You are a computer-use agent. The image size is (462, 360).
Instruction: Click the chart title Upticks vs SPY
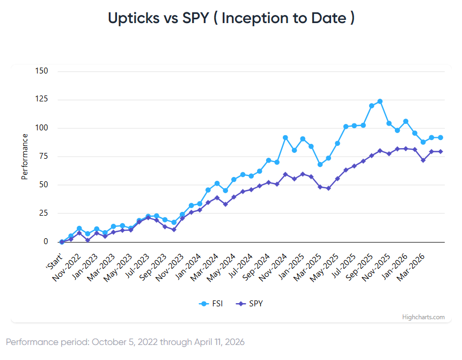(x=231, y=18)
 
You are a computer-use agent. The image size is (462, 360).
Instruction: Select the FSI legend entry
(x=212, y=304)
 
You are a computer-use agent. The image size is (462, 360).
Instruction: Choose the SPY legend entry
(x=250, y=304)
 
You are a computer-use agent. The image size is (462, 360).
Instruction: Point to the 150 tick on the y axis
(x=41, y=71)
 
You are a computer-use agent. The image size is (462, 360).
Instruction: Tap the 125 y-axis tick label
(x=41, y=100)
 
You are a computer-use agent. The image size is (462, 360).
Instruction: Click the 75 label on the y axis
(x=43, y=157)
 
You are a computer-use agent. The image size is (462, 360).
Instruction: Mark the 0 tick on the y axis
(x=46, y=242)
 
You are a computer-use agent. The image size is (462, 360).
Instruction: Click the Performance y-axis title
(x=24, y=157)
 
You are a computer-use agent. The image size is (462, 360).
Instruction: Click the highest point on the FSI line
(x=380, y=101)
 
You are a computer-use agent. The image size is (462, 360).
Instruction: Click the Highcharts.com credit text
(x=423, y=317)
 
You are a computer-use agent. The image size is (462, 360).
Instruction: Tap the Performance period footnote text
(x=125, y=342)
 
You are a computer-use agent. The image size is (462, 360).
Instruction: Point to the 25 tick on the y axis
(x=43, y=214)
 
